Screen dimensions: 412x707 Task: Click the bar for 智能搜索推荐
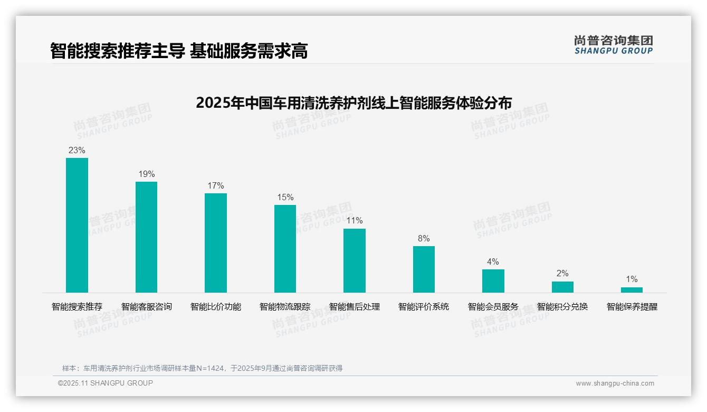pos(77,225)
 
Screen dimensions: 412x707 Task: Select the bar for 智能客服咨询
pos(146,237)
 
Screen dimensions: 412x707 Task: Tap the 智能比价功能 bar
pos(216,243)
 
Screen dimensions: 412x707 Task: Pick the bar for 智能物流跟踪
pos(285,249)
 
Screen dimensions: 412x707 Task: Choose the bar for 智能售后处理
pos(355,260)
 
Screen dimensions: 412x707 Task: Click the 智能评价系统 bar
pos(424,269)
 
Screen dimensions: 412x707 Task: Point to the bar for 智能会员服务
pos(493,281)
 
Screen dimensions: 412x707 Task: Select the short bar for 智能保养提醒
pos(632,290)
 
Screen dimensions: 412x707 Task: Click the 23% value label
pos(77,151)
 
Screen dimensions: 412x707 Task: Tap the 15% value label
pos(285,198)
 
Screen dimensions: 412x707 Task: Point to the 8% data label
pos(424,239)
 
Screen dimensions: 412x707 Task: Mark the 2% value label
pos(562,274)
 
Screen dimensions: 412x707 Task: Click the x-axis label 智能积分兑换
pos(562,307)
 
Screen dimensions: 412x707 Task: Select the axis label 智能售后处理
pos(355,307)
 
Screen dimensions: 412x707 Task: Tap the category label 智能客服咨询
pos(146,307)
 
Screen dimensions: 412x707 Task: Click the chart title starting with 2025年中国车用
pos(353,102)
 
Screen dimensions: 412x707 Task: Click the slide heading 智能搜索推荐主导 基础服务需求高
pos(179,51)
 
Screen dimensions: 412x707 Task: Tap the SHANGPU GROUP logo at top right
pos(613,44)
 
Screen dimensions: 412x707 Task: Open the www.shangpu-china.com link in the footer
pos(615,383)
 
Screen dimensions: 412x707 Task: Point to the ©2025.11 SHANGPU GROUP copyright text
pos(106,383)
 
